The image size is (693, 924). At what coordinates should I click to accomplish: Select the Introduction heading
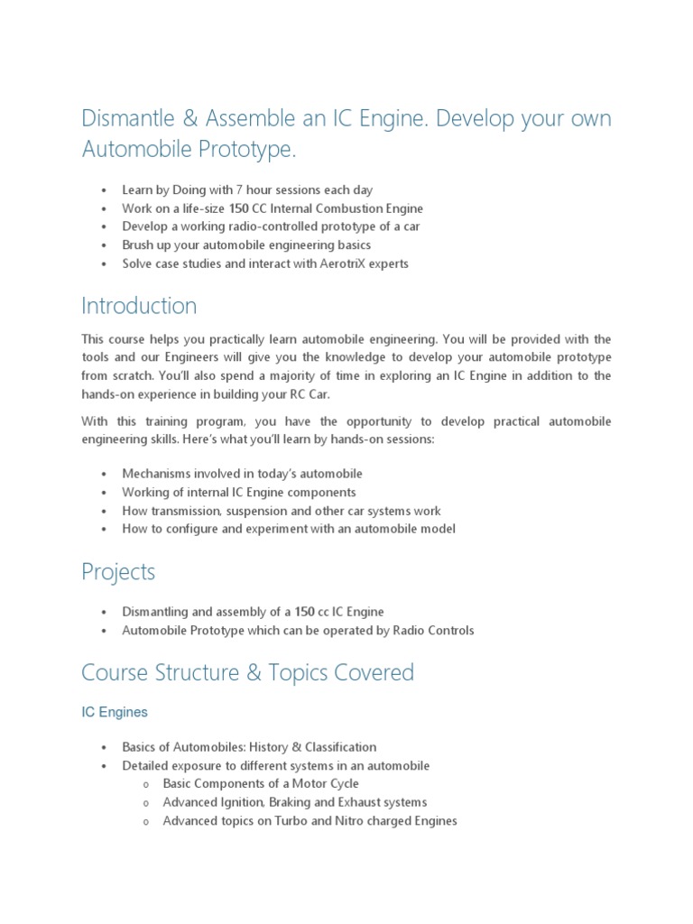click(139, 306)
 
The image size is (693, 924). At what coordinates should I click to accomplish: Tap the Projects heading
click(118, 572)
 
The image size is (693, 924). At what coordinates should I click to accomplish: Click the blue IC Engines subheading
click(115, 712)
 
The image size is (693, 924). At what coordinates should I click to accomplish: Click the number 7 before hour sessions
click(238, 189)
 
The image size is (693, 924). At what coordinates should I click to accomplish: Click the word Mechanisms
click(157, 474)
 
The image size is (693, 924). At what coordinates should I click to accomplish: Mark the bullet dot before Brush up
click(105, 245)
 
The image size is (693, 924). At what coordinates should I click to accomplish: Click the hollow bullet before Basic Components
click(145, 784)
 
